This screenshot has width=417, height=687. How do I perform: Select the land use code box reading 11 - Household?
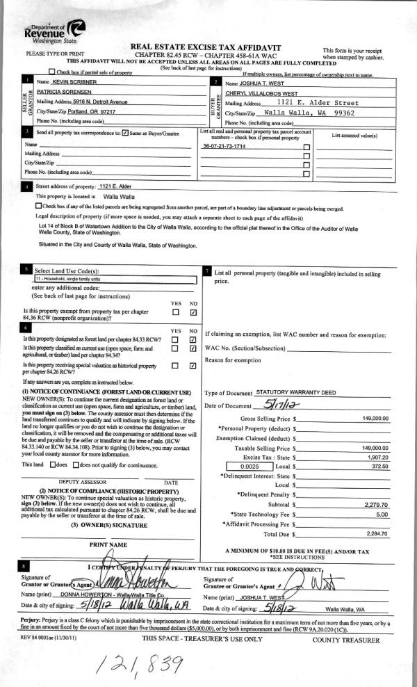click(x=115, y=277)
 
